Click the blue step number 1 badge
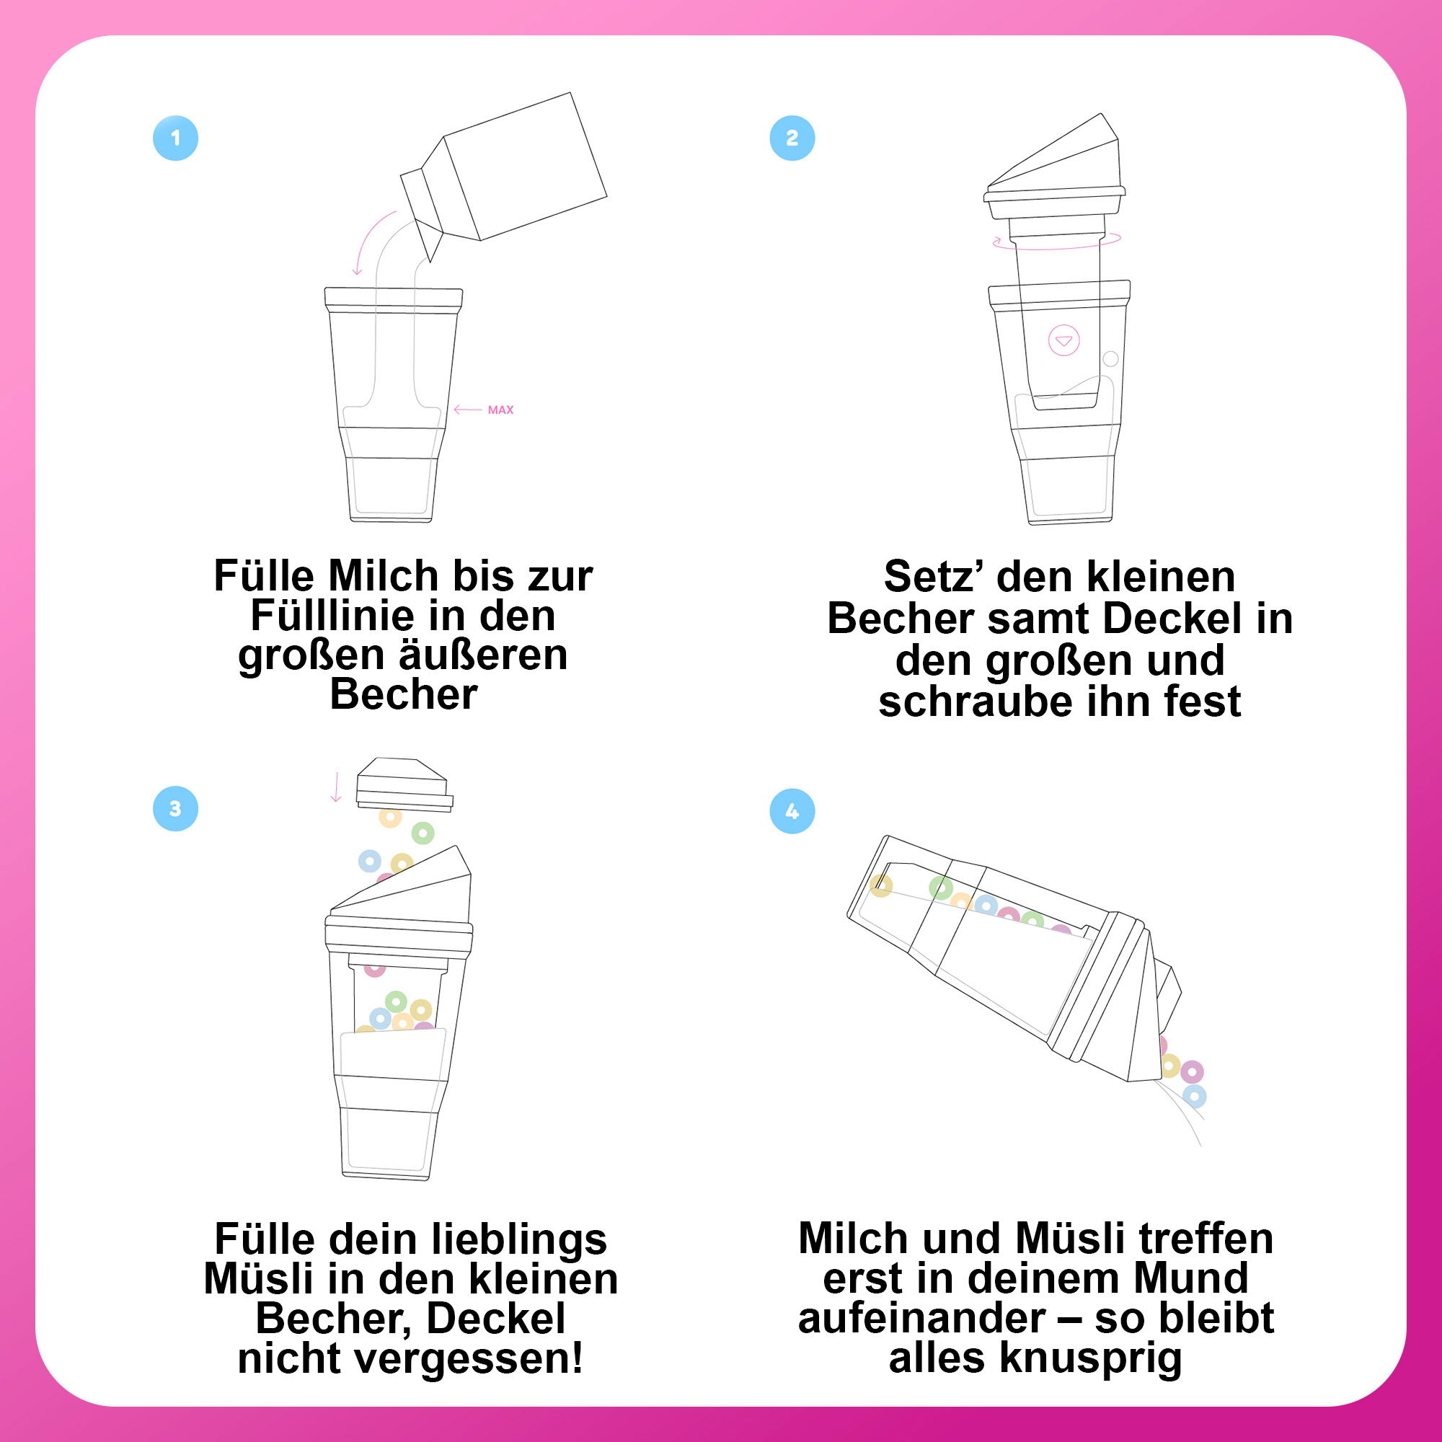175,138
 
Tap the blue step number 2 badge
792,138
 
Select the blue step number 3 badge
175,809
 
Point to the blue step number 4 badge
792,811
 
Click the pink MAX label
500,410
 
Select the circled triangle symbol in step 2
1063,341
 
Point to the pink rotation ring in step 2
1056,240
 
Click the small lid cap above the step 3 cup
404,784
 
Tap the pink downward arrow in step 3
336,787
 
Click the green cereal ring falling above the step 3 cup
423,832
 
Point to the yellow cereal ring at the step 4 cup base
881,886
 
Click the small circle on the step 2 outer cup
1110,359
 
